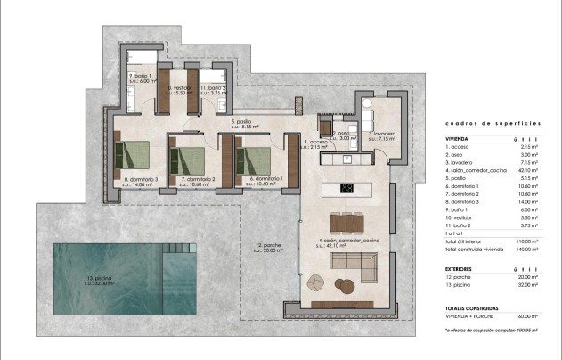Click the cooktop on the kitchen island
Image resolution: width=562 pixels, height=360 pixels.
coord(346,187)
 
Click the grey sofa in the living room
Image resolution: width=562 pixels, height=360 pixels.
coord(353,261)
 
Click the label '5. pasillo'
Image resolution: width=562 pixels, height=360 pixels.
coord(244,122)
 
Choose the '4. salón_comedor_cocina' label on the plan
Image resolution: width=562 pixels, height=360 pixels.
coord(349,241)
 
